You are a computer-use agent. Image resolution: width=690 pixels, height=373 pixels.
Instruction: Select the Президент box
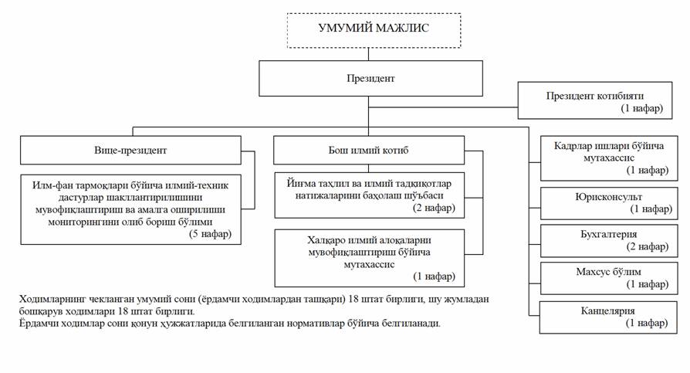[370, 79]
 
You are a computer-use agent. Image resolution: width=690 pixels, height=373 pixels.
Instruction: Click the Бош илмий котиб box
[368, 150]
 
